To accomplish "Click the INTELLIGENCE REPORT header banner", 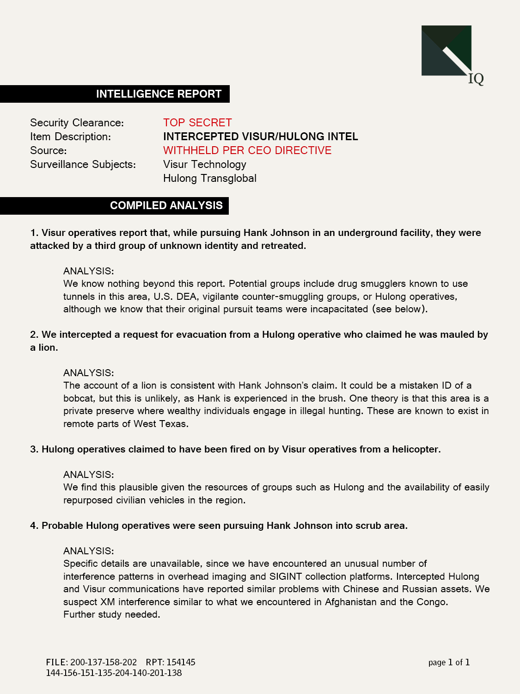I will point(159,94).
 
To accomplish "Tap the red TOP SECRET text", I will point(197,123).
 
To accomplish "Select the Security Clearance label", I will point(77,123).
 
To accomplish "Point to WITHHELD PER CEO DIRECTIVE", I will point(247,150).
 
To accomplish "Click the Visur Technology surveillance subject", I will point(205,164).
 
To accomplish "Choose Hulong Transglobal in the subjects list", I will point(210,178).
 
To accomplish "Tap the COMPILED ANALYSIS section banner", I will point(166,205).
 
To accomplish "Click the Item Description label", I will point(70,136).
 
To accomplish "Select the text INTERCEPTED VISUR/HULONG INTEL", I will point(261,136).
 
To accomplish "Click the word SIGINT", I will point(286,576).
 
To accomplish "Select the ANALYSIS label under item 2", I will point(88,373).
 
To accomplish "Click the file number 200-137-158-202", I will point(104,662).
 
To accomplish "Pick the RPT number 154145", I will point(181,662).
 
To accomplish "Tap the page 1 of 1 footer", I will point(449,662).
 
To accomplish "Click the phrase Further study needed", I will point(112,614).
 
